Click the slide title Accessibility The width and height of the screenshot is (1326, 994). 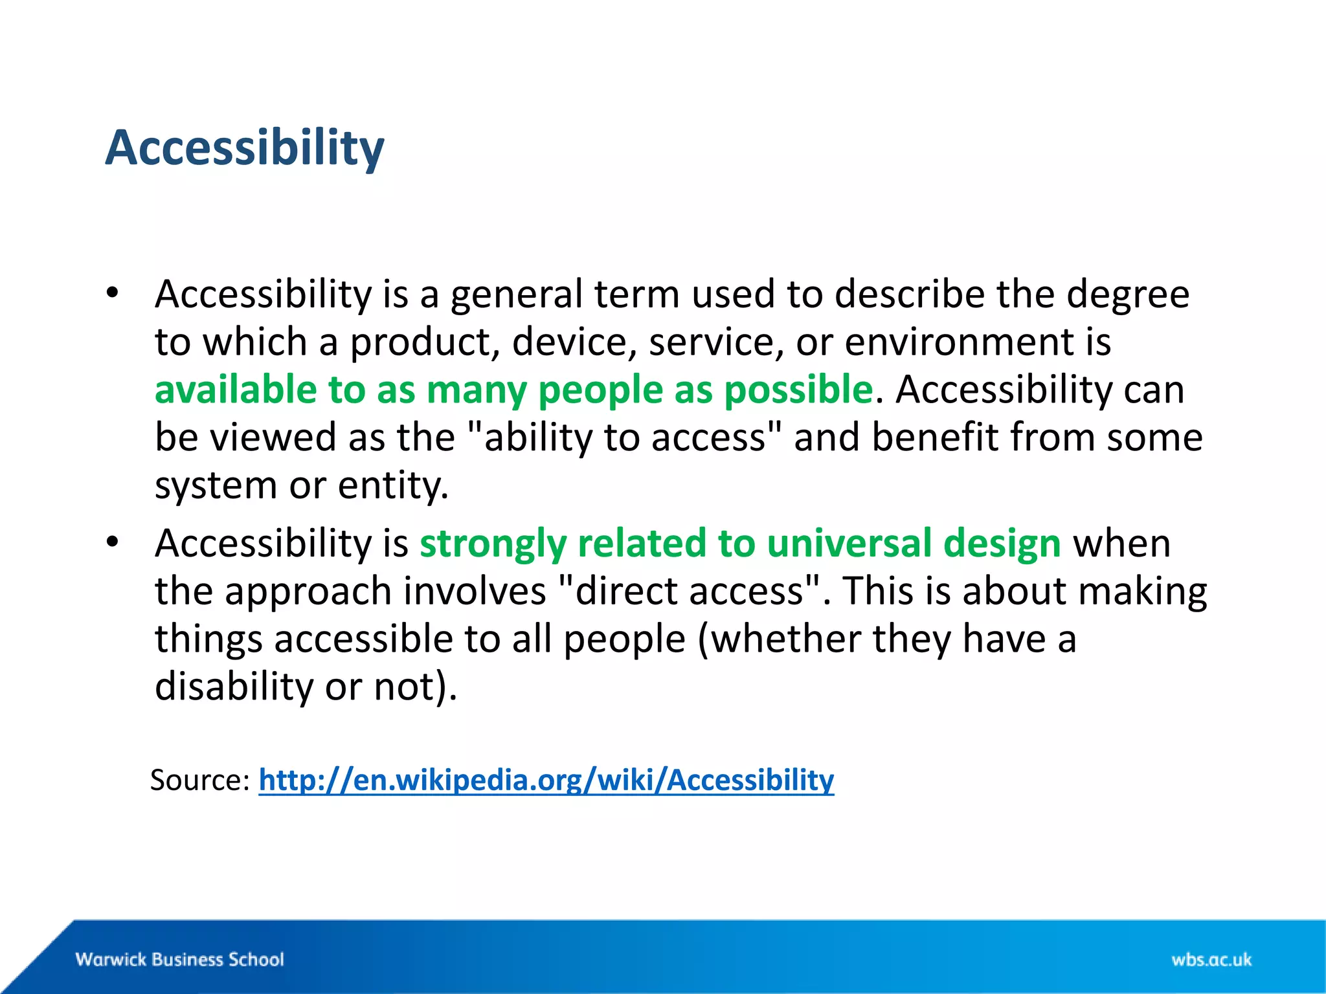pos(245,148)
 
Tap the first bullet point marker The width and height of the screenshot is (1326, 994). pos(113,293)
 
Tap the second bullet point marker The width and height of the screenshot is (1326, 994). pos(113,542)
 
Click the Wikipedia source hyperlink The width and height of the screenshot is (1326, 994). pos(546,780)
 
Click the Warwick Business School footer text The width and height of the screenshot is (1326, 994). pos(179,959)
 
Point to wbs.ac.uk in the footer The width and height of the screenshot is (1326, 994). pos(1211,959)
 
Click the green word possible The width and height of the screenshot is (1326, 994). pos(798,390)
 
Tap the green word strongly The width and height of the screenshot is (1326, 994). pos(493,542)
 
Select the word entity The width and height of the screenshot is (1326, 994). pos(392,485)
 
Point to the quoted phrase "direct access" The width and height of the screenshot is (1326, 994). pos(690,591)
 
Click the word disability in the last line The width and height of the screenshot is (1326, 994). pos(234,686)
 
